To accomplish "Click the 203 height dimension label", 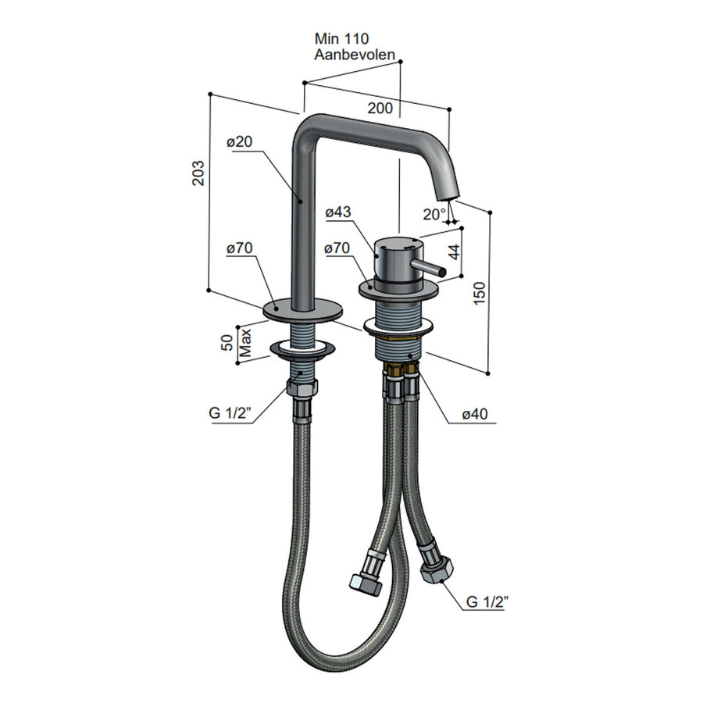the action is (198, 173).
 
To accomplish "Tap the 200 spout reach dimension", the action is (380, 108).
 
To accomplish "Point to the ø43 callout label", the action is (338, 212).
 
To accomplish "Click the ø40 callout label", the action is (475, 413).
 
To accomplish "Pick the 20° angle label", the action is (434, 214).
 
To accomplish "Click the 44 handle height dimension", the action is (454, 252).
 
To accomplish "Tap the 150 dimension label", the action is (480, 293).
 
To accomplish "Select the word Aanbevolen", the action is (355, 55).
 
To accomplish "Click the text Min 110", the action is (341, 38).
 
